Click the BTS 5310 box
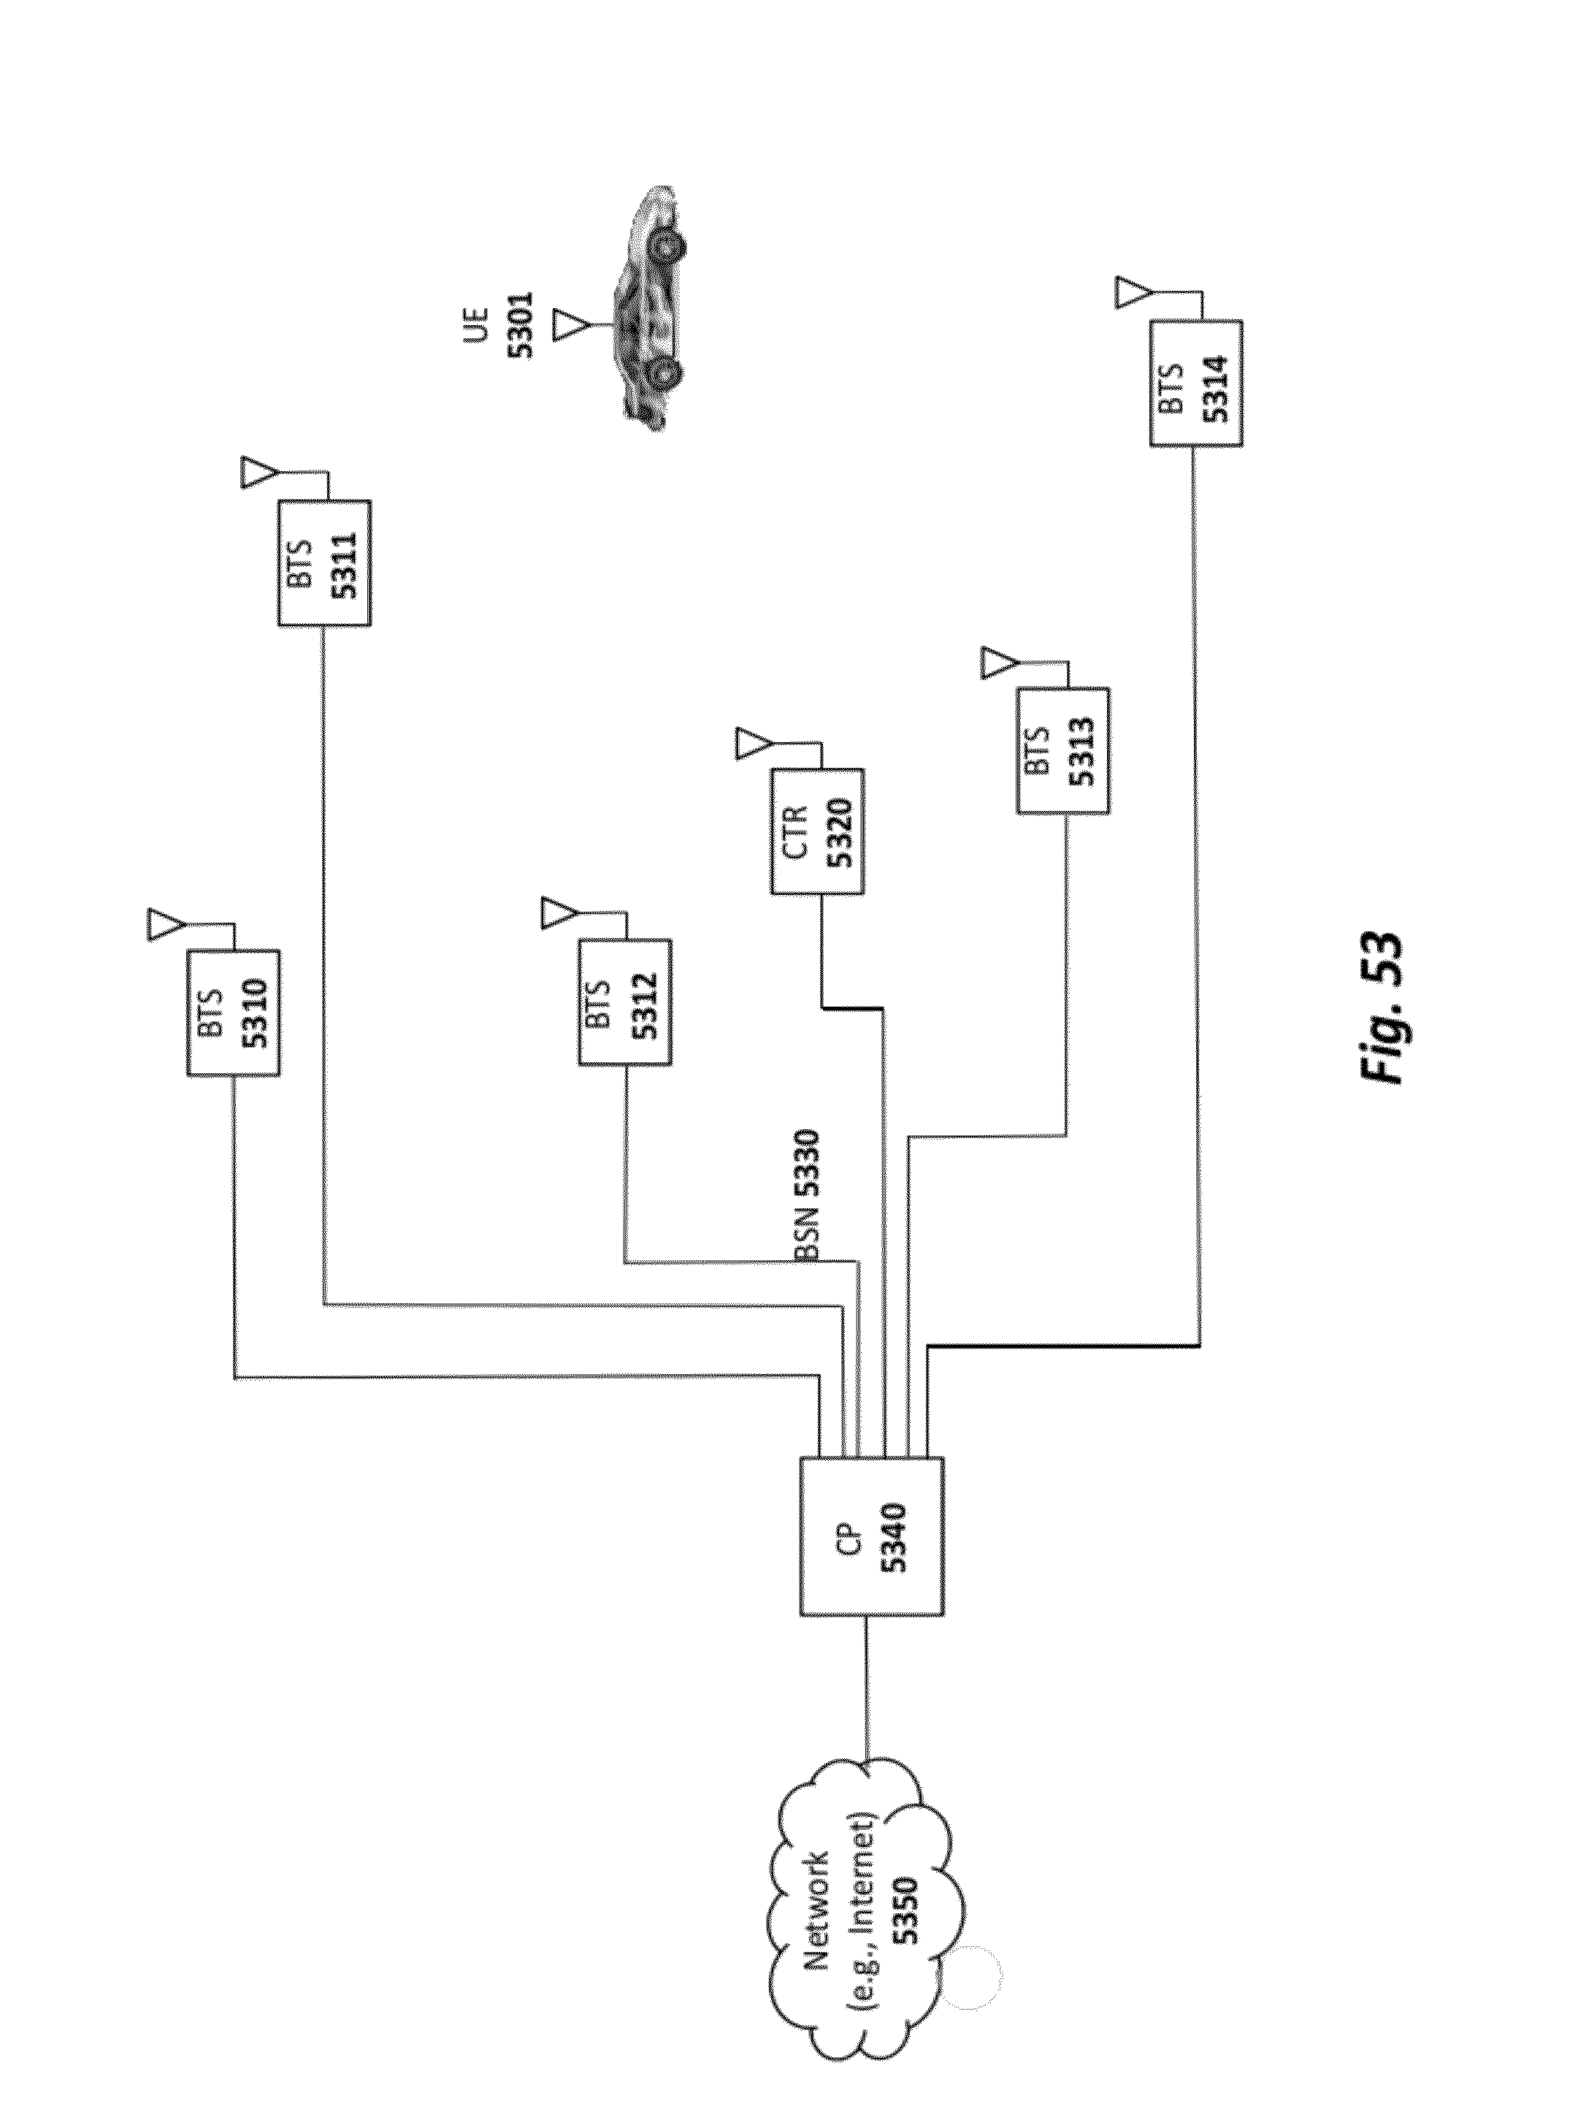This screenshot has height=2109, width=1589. click(x=233, y=1012)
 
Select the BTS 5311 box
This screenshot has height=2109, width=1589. click(x=323, y=562)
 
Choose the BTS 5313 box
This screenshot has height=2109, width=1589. click(x=1062, y=750)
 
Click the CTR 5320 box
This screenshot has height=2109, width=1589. click(x=817, y=831)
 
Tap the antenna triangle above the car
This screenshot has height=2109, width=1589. click(x=571, y=324)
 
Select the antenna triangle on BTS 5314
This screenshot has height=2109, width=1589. click(x=1130, y=291)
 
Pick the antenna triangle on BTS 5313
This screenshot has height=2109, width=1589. click(x=998, y=663)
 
